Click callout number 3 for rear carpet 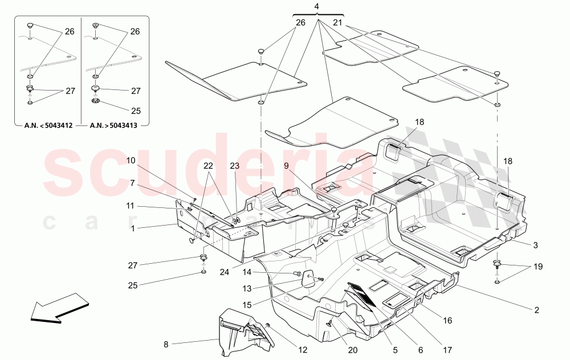(x=535, y=245)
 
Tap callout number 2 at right (x=536, y=310)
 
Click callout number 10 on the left (x=131, y=161)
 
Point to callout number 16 (x=447, y=321)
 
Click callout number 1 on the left (x=132, y=228)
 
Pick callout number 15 (x=247, y=305)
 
